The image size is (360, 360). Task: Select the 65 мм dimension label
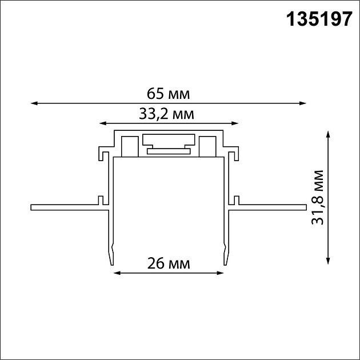167,93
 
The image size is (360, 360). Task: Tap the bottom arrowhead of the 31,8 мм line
328,261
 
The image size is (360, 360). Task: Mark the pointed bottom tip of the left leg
110,264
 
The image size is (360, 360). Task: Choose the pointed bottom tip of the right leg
226,264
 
